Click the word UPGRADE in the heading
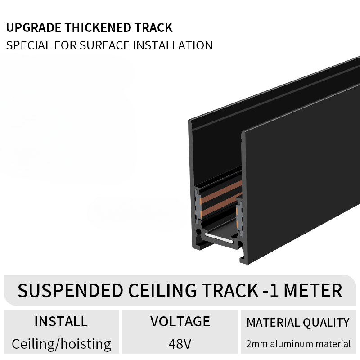33,28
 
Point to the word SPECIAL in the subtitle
28,45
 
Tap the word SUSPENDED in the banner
70,290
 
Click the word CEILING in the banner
162,290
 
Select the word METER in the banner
313,290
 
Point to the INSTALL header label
61,321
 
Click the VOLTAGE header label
180,321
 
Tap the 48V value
180,344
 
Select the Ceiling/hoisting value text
61,344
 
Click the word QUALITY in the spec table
326,323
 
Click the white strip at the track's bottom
219,238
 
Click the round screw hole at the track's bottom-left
199,233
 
